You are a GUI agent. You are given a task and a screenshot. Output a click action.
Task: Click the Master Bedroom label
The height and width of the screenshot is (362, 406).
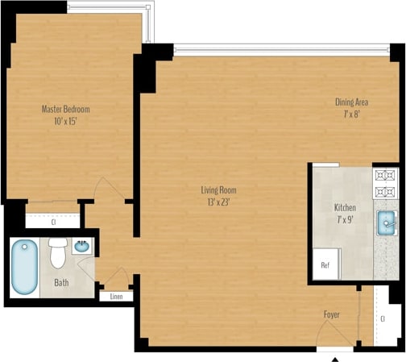pyautogui.click(x=65, y=109)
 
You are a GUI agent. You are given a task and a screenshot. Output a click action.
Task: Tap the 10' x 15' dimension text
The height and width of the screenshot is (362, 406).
pyautogui.click(x=65, y=121)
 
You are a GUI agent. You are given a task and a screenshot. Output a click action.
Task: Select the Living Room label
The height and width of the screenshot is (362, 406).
pyautogui.click(x=219, y=190)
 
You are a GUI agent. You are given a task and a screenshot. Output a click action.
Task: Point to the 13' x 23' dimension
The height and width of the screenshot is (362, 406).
pyautogui.click(x=219, y=202)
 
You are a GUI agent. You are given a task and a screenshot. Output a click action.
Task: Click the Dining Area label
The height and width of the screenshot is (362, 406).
pyautogui.click(x=352, y=102)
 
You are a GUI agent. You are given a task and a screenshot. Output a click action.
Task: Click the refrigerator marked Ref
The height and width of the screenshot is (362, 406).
pyautogui.click(x=325, y=264)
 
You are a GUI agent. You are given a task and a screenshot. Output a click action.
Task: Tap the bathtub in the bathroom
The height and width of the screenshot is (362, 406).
pyautogui.click(x=24, y=267)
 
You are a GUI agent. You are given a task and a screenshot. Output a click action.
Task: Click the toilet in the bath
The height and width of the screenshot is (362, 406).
pyautogui.click(x=58, y=252)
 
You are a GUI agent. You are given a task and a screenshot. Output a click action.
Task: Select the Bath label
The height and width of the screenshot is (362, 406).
pyautogui.click(x=61, y=283)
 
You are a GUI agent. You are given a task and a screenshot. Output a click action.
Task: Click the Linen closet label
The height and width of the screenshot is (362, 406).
pyautogui.click(x=117, y=296)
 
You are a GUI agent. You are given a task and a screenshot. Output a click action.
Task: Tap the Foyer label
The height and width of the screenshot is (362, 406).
pyautogui.click(x=332, y=314)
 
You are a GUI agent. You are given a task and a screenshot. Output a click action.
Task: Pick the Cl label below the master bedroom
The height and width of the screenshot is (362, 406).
pyautogui.click(x=53, y=220)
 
